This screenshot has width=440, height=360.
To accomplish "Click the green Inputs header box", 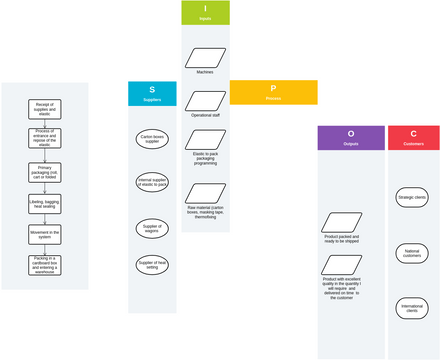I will point(205,13).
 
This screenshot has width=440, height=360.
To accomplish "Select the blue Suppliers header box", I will point(152,93).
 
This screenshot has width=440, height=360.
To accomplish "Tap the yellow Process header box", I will point(273,92).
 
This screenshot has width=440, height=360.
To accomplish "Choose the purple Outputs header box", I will point(351,138).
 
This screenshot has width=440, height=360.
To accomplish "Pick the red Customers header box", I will point(413,138).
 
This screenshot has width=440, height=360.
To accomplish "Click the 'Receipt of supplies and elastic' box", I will point(44,109).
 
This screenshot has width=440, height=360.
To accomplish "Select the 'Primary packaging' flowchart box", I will point(44,172).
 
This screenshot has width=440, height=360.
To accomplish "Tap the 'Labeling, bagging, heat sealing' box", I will point(44,204).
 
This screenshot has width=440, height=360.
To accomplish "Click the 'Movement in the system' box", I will point(44,235).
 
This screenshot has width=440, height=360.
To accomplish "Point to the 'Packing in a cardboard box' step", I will point(44,266).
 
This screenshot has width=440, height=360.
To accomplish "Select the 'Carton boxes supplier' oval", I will point(152,138).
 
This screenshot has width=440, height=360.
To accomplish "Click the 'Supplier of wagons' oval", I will point(152,228).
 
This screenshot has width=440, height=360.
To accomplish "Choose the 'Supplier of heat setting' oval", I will point(152,265).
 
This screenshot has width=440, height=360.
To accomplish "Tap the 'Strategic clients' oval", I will point(412,197).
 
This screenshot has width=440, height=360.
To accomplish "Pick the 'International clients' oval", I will point(412,308).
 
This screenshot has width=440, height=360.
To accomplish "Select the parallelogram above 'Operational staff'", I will point(205,100).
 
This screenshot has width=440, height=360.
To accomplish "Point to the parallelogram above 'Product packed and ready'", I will point(342,221).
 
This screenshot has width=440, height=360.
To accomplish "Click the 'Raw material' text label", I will point(205,196).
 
